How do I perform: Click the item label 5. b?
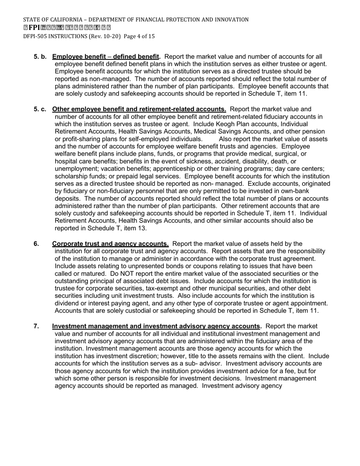40,57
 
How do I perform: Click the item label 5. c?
40,109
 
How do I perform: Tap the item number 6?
36,244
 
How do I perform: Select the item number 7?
36,326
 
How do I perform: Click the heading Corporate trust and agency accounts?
110,244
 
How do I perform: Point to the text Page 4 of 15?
139,36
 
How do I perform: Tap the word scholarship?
72,176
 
